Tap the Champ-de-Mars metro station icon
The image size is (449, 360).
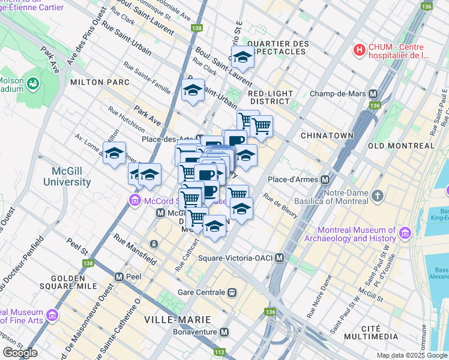[373, 94]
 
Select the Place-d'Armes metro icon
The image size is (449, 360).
[325, 179]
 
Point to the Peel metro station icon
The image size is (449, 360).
[119, 277]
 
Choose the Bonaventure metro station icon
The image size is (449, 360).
[224, 332]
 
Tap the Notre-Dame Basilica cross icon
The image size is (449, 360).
[377, 196]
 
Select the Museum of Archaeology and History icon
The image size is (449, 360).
[405, 233]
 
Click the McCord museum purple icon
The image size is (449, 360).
[133, 200]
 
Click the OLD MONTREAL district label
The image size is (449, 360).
[401, 146]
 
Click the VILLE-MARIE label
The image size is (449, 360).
[172, 319]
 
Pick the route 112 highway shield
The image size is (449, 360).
[220, 352]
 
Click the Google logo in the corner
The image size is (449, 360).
[20, 353]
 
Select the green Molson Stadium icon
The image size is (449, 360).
[32, 82]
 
